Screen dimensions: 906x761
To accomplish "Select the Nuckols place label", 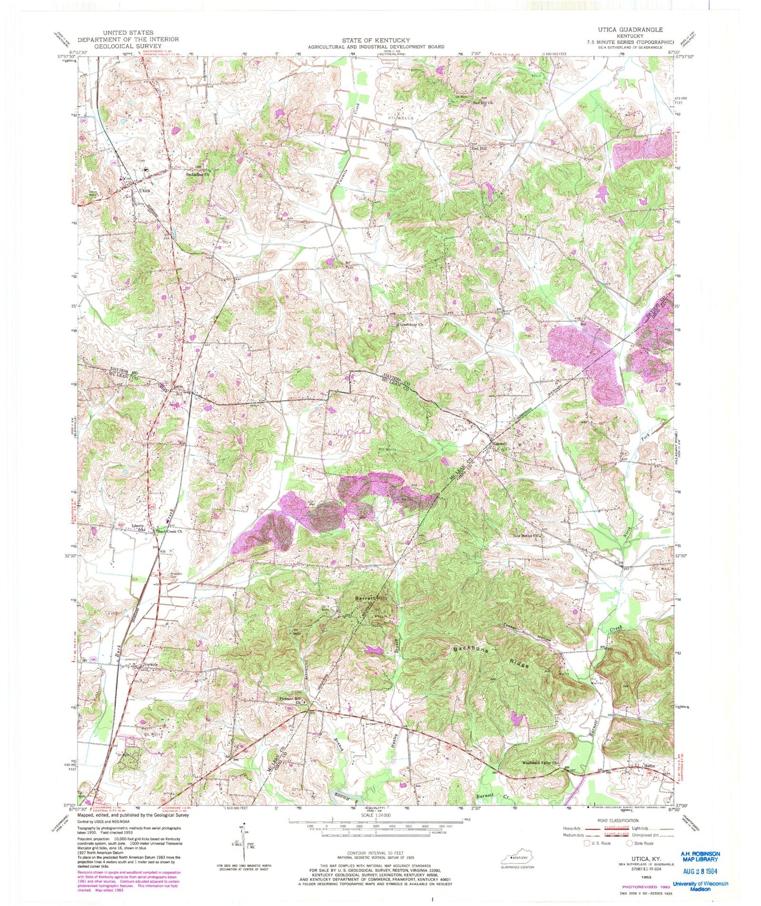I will point(153,664).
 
